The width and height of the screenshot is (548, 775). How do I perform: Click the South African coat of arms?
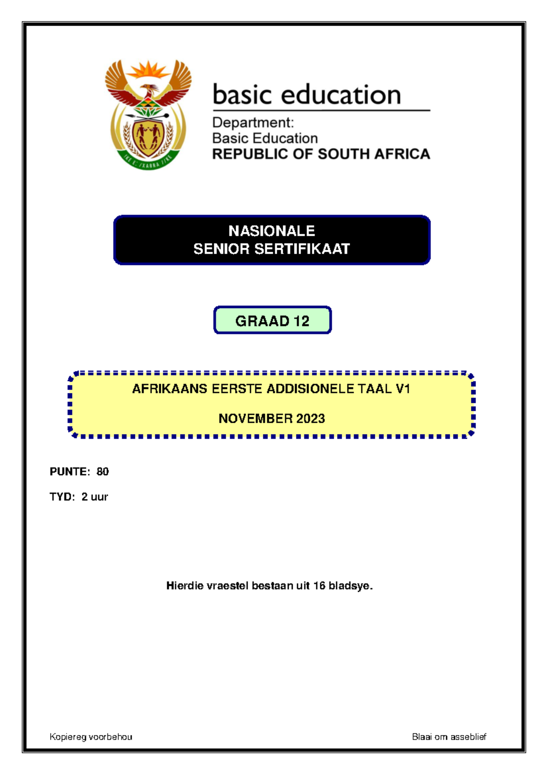pyautogui.click(x=148, y=114)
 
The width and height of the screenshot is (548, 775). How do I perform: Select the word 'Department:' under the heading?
pyautogui.click(x=253, y=122)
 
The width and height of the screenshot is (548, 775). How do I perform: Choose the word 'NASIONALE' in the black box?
pyautogui.click(x=272, y=231)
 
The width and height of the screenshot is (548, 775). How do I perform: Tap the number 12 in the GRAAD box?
pyautogui.click(x=301, y=321)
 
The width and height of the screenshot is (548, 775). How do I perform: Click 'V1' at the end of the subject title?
pyautogui.click(x=403, y=389)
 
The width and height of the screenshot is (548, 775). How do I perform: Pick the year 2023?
pyautogui.click(x=311, y=419)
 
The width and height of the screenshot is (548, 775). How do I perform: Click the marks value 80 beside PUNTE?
pyautogui.click(x=103, y=472)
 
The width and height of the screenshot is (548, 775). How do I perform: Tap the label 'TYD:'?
pyautogui.click(x=62, y=497)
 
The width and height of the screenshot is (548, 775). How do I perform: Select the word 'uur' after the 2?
pyautogui.click(x=100, y=497)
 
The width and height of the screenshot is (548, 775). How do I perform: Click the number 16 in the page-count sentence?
pyautogui.click(x=319, y=585)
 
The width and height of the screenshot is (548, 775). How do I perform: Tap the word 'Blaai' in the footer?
pyautogui.click(x=422, y=737)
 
